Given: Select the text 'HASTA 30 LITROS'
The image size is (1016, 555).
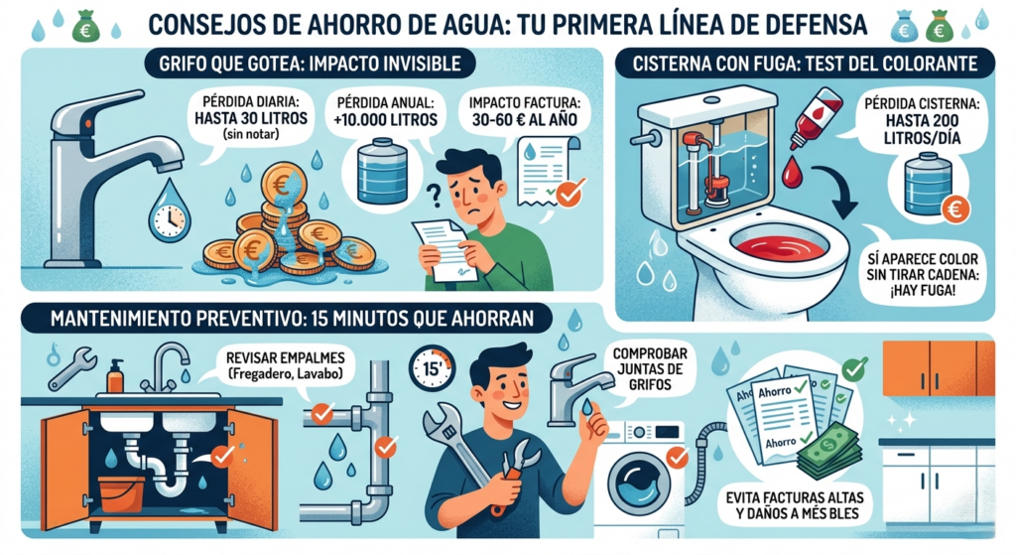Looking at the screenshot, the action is click(x=251, y=119).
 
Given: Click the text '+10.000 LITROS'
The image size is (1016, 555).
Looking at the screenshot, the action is click(x=386, y=120).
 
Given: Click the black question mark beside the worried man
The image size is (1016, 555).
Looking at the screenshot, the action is click(x=435, y=194).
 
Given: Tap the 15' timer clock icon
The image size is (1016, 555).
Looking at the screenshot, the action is click(x=433, y=368).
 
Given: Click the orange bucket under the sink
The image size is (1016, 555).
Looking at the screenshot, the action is click(x=121, y=493).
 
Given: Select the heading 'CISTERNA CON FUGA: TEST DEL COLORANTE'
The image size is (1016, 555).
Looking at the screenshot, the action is click(x=805, y=64).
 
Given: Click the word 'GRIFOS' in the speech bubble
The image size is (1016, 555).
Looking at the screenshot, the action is click(x=650, y=384).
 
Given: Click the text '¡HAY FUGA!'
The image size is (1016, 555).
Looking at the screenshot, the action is click(x=922, y=291).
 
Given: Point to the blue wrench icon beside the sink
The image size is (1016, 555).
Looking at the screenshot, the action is click(x=71, y=367).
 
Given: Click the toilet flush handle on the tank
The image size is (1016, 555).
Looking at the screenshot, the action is click(x=642, y=139).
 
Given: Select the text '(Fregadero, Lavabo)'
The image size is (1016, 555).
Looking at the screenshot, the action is click(x=285, y=374).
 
